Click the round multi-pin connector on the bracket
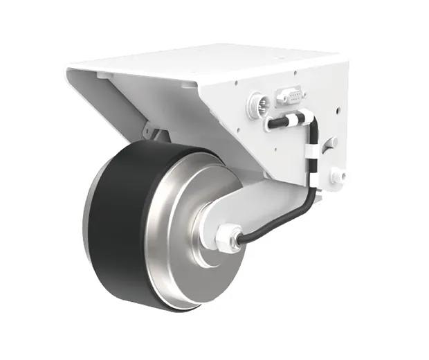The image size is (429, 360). [257, 106]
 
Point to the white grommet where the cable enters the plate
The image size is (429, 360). [267, 125]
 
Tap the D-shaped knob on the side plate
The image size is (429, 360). [330, 143]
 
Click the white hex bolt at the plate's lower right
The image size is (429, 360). [337, 176]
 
